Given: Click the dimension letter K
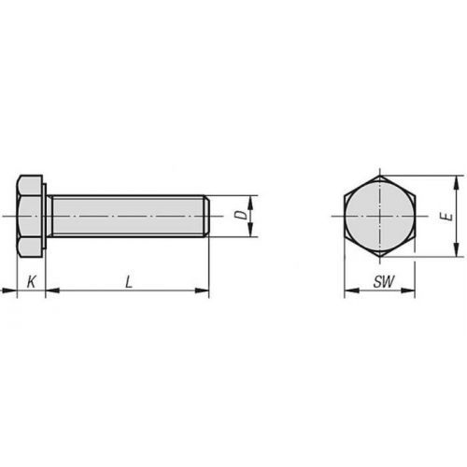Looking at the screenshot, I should click(31, 280).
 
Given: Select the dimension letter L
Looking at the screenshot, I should click(126, 280).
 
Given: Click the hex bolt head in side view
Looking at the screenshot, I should click(31, 216).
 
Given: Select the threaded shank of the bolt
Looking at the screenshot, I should click(126, 216).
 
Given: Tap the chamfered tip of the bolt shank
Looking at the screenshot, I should click(205, 216).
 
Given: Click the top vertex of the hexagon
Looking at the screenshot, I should click(380, 175).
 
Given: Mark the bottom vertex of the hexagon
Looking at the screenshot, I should click(380, 257).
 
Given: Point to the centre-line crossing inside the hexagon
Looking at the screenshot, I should click(380, 216).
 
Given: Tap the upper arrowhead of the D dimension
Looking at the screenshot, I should click(252, 200).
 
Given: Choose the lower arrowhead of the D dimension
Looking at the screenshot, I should click(252, 233).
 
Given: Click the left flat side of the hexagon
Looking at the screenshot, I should click(345, 216).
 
